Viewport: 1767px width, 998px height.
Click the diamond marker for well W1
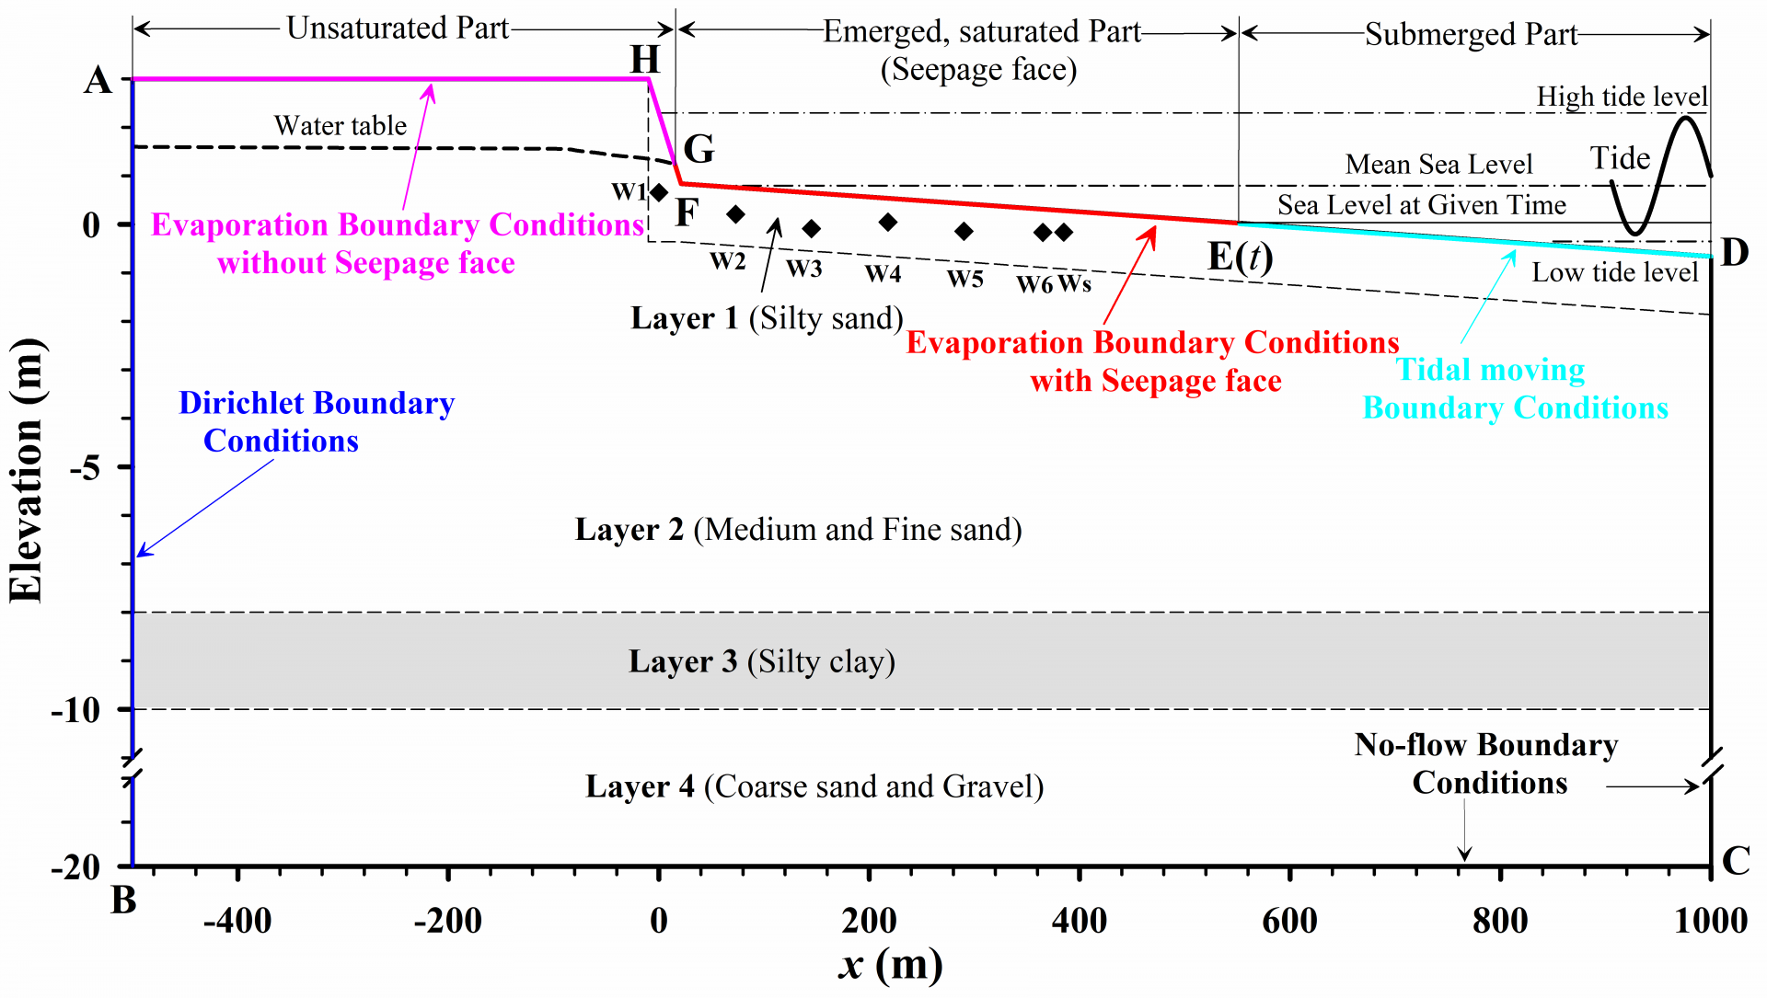[659, 192]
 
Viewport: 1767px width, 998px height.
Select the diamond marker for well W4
[887, 222]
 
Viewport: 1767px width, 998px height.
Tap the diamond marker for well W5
[964, 231]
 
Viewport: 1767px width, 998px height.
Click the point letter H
[645, 60]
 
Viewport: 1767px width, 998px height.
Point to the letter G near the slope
[699, 148]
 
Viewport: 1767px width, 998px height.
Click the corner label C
[1736, 861]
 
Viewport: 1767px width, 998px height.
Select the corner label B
[123, 900]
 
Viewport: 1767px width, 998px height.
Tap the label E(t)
[1240, 257]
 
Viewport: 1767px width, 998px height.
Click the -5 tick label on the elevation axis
[86, 467]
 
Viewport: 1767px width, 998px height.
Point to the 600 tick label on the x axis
[1289, 921]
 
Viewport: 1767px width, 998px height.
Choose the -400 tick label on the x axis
[237, 921]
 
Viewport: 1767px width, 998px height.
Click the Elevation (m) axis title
[27, 470]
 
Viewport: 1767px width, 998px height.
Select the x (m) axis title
[891, 965]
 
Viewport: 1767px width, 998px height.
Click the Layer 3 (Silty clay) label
[761, 661]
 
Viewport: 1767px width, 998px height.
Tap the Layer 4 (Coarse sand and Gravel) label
[814, 786]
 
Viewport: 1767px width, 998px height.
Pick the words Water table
[340, 125]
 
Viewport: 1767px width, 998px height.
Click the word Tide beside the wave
[1620, 158]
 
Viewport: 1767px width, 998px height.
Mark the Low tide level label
[1614, 272]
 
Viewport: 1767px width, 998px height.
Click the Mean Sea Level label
[1438, 165]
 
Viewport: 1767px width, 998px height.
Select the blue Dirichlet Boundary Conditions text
[316, 422]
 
